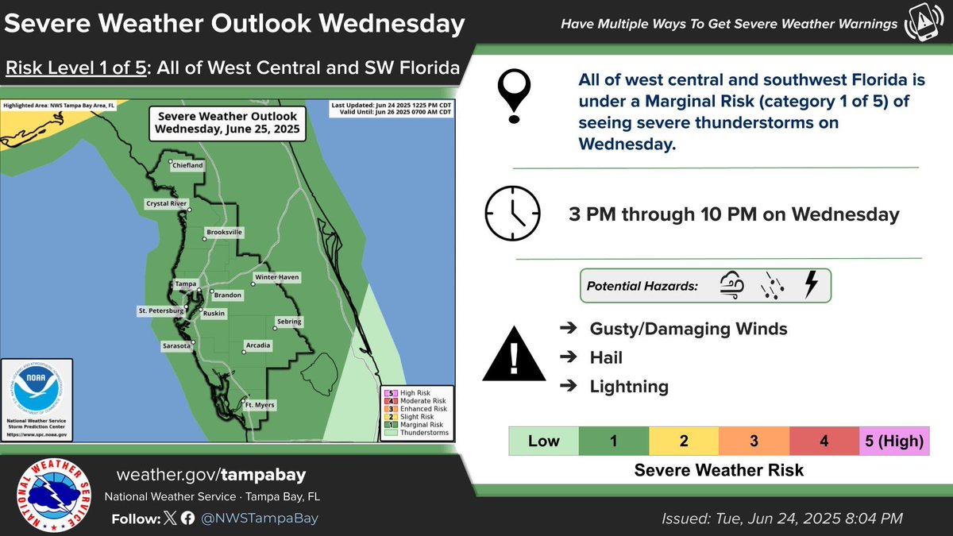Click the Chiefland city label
point(187,165)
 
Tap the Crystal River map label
point(166,203)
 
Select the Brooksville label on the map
point(224,232)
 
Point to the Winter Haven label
point(276,277)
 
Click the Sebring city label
point(288,322)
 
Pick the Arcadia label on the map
point(259,345)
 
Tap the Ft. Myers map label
point(259,405)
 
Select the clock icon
point(512,214)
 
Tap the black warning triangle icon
point(514,354)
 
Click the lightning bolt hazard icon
point(811,285)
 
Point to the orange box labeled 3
point(754,441)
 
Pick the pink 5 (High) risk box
point(894,441)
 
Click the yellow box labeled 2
point(684,441)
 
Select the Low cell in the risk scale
point(544,441)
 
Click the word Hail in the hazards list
point(606,358)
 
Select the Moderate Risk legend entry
point(416,401)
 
